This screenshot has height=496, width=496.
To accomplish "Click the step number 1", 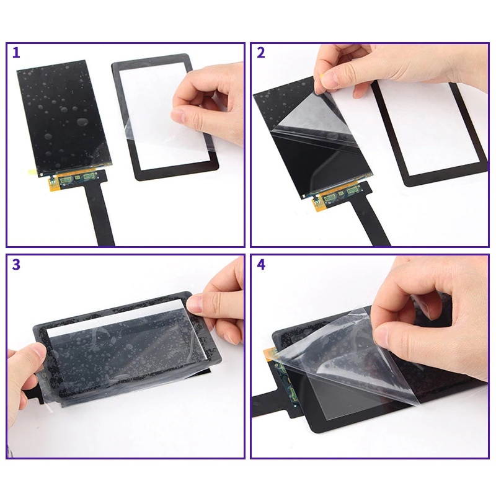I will [17, 53].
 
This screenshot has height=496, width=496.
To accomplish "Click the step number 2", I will [260, 53].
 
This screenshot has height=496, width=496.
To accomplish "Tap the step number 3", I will [16, 265].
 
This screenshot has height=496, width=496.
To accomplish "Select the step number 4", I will [261, 265].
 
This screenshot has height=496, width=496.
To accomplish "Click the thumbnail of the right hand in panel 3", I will [196, 304].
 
